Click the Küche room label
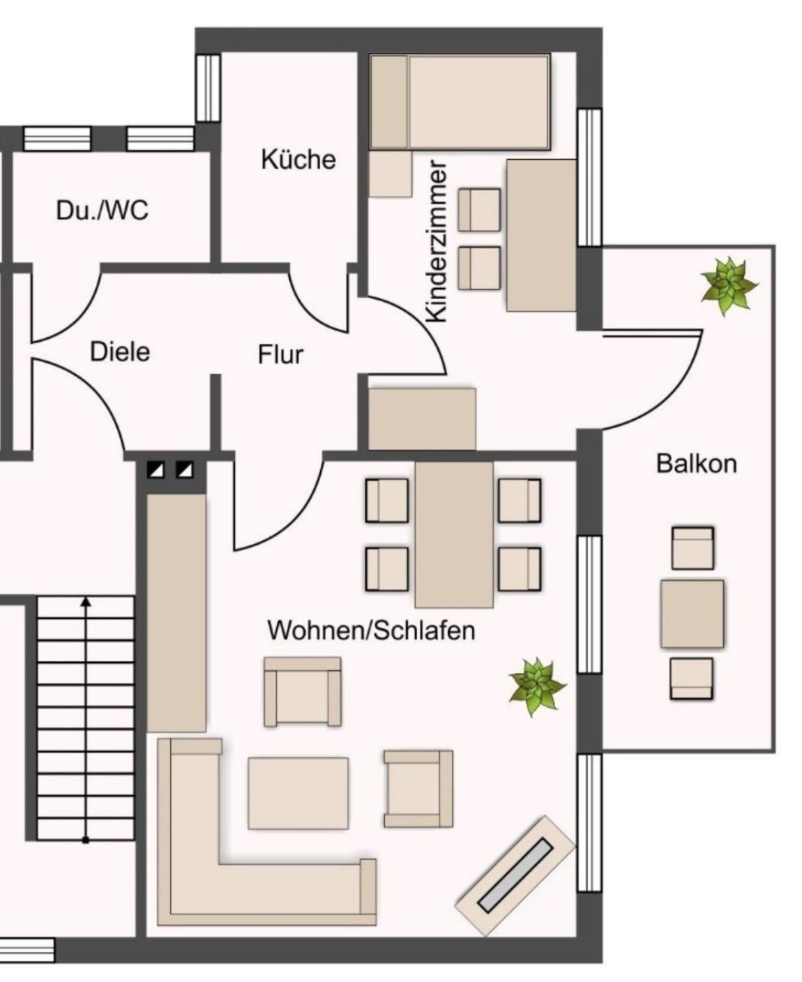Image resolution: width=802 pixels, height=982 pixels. (298, 159)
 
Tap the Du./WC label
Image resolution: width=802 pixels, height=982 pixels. (103, 210)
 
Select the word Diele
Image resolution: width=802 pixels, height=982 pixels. (120, 352)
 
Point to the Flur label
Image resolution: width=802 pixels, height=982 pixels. (280, 354)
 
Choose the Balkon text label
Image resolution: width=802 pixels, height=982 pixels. (696, 464)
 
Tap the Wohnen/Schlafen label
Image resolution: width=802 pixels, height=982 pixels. (371, 630)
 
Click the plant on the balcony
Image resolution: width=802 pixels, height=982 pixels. (729, 286)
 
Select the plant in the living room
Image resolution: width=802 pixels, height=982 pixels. (538, 687)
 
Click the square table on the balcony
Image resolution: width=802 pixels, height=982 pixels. (692, 613)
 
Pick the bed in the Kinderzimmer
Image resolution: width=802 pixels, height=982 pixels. (460, 102)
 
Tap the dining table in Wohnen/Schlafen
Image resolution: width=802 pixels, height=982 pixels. (454, 534)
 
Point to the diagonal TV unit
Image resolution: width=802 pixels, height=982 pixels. (515, 876)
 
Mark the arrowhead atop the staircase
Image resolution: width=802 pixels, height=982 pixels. (86, 602)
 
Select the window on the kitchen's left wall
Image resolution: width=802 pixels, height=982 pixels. (207, 88)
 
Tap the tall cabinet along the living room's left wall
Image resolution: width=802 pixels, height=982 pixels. (176, 613)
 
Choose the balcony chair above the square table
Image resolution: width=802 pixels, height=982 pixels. (693, 548)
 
